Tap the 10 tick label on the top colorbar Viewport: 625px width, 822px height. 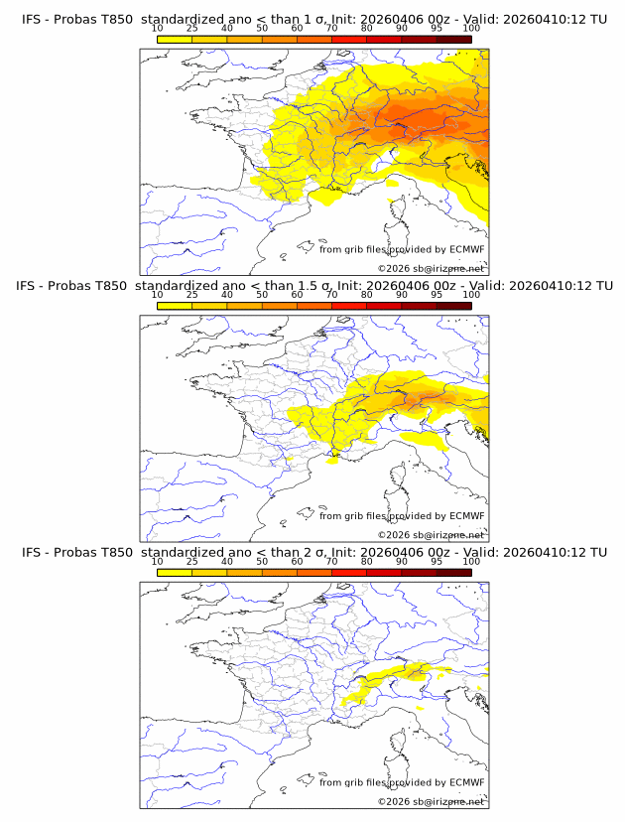point(157,28)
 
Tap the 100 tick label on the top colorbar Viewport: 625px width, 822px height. point(471,28)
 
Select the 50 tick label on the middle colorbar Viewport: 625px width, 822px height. point(262,295)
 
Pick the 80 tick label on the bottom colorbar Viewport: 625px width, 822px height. point(367,561)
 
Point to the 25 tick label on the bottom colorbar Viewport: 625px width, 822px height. point(191,561)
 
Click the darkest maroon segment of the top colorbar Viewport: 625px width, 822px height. point(453,39)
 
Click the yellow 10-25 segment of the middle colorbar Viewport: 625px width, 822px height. point(175,306)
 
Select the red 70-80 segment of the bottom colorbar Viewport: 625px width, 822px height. point(349,572)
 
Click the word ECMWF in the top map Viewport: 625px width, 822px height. point(466,250)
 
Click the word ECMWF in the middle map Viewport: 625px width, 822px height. point(466,516)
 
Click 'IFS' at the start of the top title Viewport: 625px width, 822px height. point(32,19)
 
